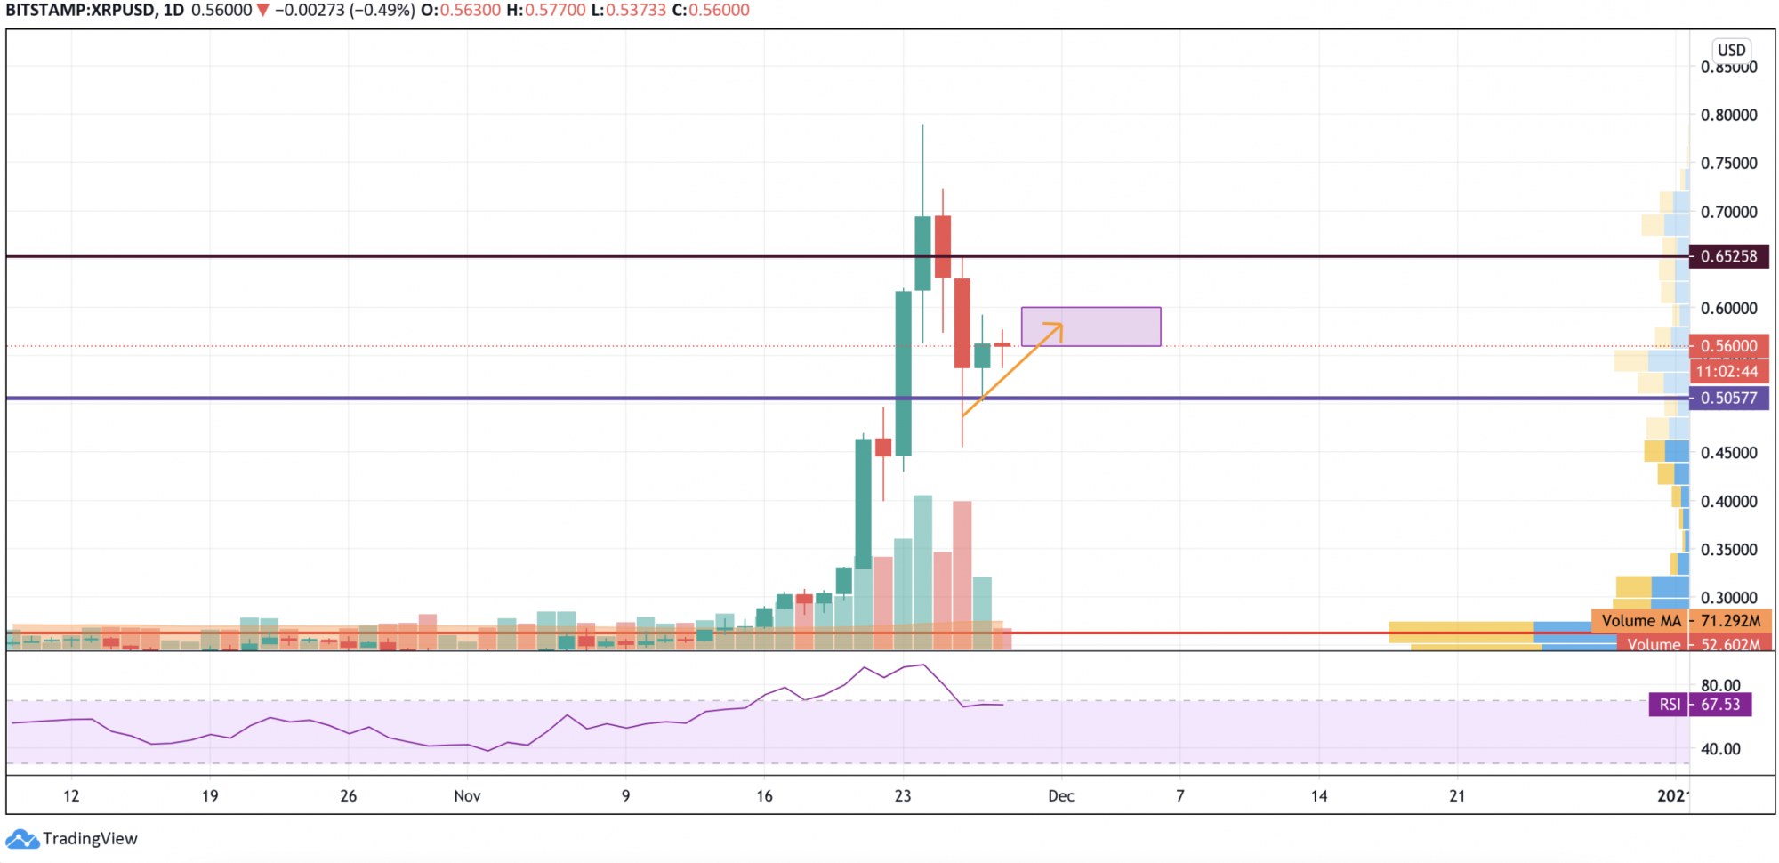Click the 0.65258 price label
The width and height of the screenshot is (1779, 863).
(1728, 256)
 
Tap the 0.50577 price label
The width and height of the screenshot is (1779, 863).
(1728, 398)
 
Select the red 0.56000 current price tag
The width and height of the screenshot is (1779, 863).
(1728, 345)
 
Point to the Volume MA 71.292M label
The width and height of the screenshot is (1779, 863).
(1680, 621)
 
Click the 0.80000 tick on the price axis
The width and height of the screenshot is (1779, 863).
(1728, 115)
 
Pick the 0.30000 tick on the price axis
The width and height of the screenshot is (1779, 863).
(1728, 598)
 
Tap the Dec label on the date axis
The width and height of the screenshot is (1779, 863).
(1060, 796)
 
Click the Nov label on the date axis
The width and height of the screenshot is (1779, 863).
(467, 796)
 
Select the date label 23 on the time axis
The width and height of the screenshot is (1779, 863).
(903, 796)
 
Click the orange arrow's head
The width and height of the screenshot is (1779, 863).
(1058, 327)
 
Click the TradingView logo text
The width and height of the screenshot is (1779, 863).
(90, 839)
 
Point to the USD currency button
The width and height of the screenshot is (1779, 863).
(1731, 50)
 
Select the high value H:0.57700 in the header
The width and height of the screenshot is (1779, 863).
(545, 11)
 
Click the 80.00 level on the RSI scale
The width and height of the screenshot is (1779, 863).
(1720, 685)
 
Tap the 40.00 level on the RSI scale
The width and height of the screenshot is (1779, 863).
(1720, 749)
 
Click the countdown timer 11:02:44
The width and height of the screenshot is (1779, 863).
(1727, 372)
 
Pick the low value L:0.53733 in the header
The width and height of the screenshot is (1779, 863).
(628, 11)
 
